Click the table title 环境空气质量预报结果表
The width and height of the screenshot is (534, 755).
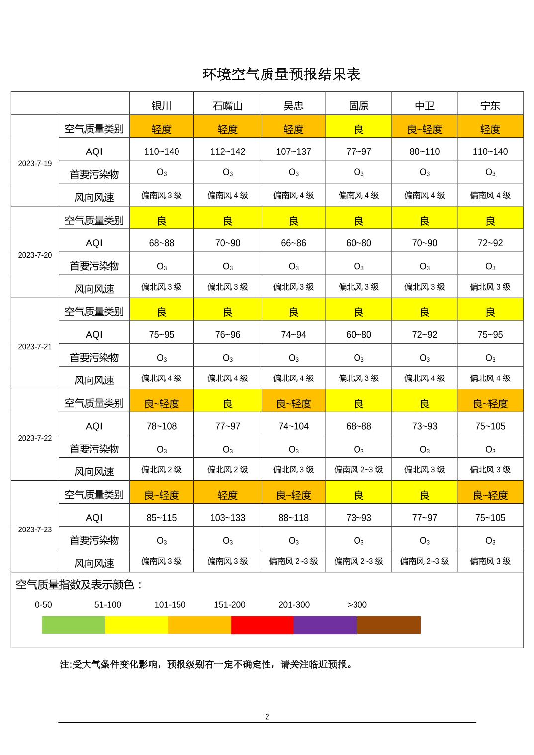point(281,75)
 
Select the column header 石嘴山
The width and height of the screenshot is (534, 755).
point(227,106)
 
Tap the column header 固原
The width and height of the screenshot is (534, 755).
point(358,106)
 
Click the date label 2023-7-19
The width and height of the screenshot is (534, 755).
point(35,164)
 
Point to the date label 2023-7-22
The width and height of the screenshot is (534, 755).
point(35,438)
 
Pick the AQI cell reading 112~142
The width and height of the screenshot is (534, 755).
point(227,151)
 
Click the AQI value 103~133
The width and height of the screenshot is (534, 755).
point(227,518)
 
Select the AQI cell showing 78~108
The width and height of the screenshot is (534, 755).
point(162,426)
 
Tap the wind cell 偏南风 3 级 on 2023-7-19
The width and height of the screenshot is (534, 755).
point(162,195)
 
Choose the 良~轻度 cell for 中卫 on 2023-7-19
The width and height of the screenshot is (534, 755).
point(424,129)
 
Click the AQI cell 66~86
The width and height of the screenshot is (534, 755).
point(293,243)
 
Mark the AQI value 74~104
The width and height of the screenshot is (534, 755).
point(293,426)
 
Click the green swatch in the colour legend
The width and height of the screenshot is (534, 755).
point(74,625)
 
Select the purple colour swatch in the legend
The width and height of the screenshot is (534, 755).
point(325,625)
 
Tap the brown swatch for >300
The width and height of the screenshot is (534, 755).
point(389,625)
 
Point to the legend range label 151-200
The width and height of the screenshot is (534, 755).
point(229,605)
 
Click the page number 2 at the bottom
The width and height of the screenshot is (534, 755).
point(267,717)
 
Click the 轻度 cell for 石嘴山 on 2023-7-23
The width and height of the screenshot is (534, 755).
point(227,495)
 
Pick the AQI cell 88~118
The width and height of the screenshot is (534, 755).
point(293,518)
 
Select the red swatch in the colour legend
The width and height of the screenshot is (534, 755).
point(263,625)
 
